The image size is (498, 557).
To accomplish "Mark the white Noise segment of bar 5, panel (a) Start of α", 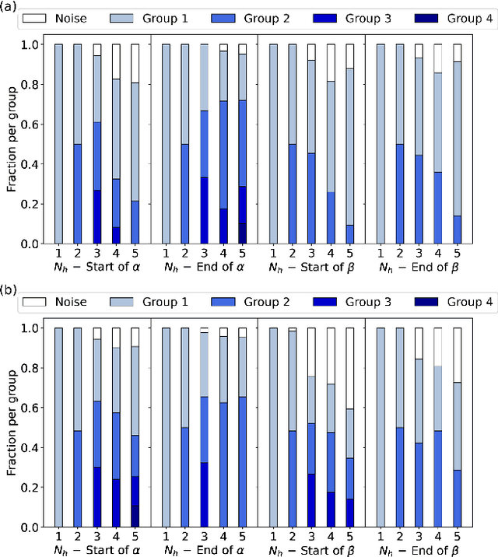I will tap(135, 63).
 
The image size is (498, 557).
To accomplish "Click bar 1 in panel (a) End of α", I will tap(166, 144).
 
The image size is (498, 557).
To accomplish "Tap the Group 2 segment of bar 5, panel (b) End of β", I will tap(457, 499).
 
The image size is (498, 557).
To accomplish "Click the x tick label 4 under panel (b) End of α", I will tap(223, 538).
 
